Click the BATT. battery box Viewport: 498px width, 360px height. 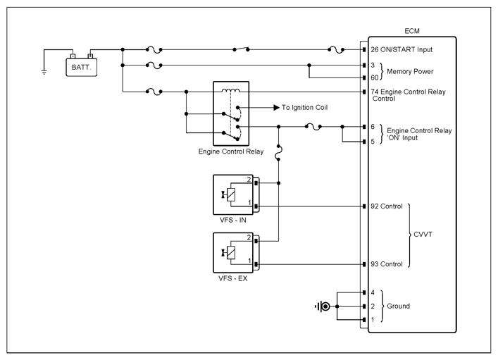[81, 68]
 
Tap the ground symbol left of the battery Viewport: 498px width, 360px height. [44, 73]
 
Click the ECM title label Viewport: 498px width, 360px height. [412, 31]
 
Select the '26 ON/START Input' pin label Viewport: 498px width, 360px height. [401, 49]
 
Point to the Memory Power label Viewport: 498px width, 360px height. [410, 71]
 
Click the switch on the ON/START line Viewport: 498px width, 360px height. [241, 49]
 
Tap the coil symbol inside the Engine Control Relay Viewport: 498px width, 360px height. [231, 91]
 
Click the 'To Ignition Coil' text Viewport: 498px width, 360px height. [304, 108]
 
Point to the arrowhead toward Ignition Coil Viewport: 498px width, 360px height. [276, 108]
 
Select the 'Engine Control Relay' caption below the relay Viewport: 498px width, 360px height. [231, 151]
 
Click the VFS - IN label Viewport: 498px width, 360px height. [233, 221]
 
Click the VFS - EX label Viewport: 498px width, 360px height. [233, 279]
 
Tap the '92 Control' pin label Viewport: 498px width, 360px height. [387, 206]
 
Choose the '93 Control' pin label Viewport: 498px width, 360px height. [387, 264]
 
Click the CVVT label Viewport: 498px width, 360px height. [423, 235]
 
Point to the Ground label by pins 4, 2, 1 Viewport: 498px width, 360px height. [398, 306]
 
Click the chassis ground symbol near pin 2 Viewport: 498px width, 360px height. [323, 306]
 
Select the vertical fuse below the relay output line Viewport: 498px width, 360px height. [278, 153]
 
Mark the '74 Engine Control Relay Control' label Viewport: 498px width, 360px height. [408, 95]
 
